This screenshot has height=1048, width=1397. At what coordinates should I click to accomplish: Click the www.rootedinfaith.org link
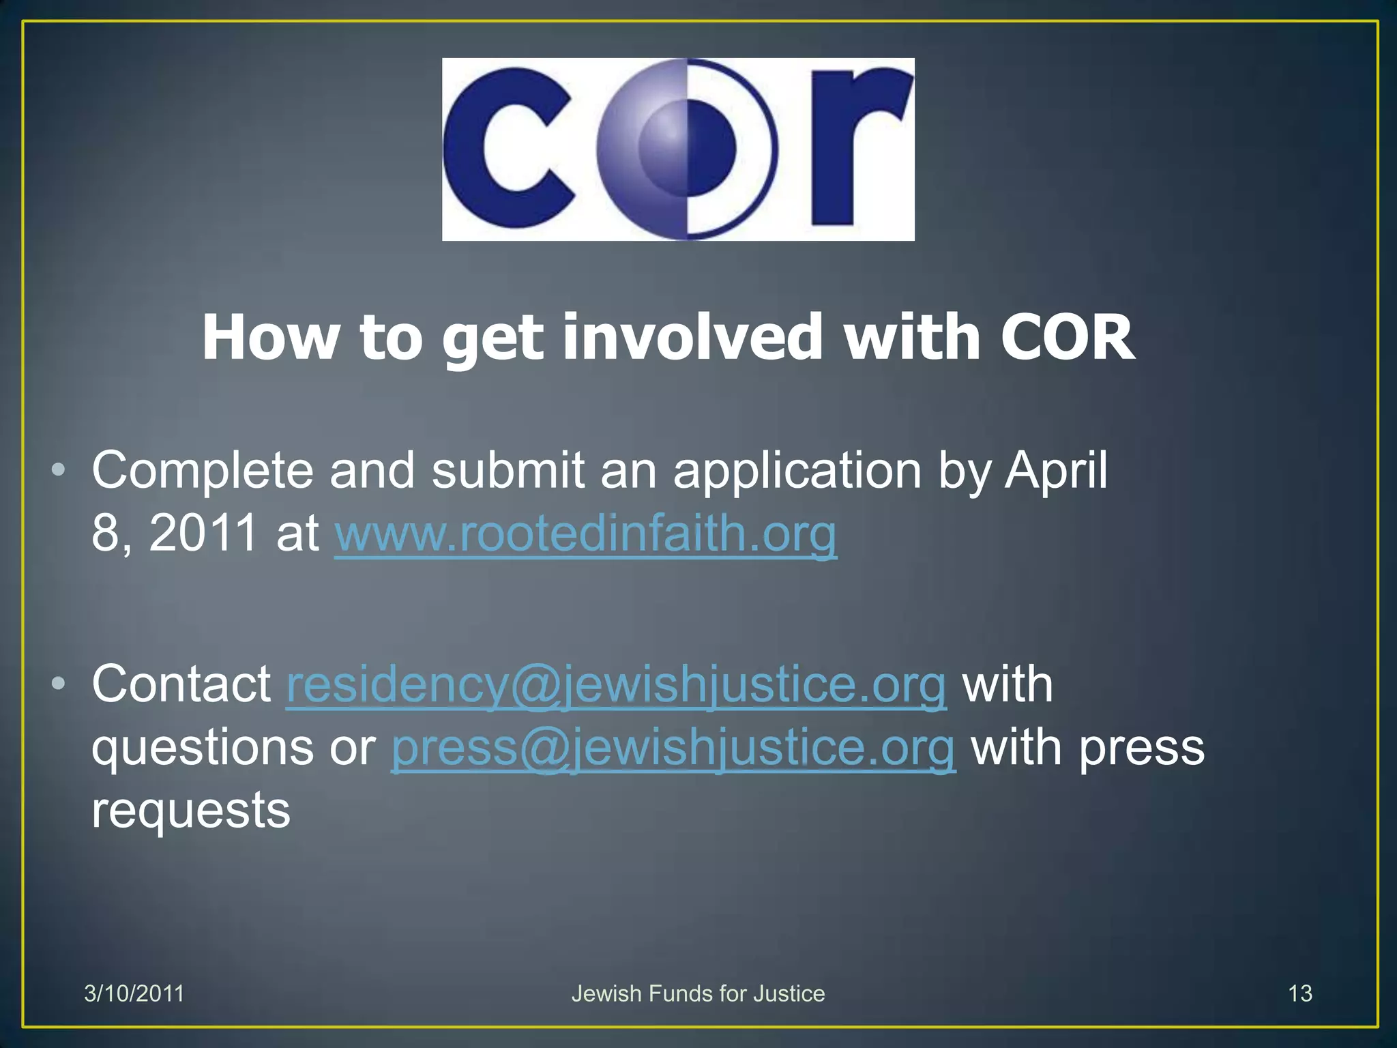(x=585, y=534)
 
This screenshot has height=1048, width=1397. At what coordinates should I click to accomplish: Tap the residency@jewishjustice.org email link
(x=616, y=684)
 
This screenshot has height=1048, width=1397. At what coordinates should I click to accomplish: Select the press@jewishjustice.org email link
(x=673, y=748)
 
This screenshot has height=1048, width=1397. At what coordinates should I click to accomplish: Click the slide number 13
(x=1299, y=993)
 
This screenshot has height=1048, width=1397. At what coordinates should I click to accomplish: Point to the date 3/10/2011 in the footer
(x=134, y=993)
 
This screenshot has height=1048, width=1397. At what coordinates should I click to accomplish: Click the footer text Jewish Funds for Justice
(x=698, y=993)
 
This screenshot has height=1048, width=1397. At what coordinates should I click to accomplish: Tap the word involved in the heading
(x=692, y=337)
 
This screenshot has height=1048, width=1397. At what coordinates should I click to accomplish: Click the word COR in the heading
(x=1067, y=337)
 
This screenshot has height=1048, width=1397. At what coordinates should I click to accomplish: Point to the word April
(x=1056, y=471)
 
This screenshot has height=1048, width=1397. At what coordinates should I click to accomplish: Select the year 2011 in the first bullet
(x=203, y=534)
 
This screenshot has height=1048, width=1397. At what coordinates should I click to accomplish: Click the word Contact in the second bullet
(x=181, y=684)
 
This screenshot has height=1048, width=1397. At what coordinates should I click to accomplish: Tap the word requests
(x=191, y=811)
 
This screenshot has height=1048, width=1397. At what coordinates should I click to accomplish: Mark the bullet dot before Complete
(x=59, y=470)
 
